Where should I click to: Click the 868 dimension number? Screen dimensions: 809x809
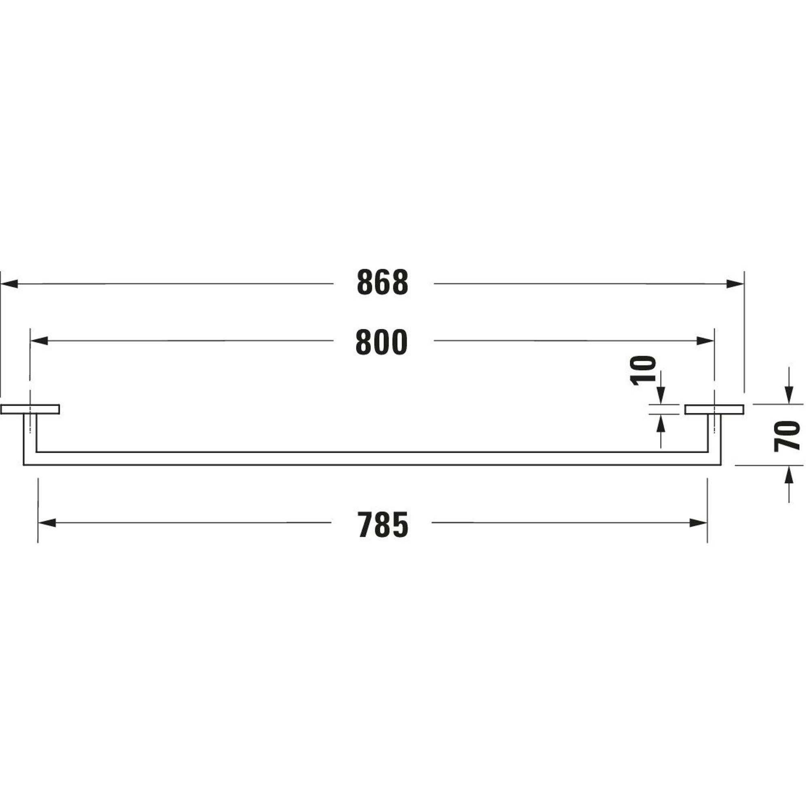(x=383, y=283)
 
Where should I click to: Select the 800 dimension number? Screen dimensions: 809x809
(x=381, y=342)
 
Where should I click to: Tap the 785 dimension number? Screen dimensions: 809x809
(x=383, y=525)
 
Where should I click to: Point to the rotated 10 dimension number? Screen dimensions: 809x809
(x=643, y=371)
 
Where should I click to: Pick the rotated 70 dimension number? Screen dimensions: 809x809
(x=787, y=437)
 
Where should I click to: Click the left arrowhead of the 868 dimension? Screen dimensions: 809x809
(x=9, y=284)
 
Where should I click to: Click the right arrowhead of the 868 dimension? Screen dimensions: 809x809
(x=735, y=284)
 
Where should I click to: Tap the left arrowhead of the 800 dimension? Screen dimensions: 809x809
(x=39, y=341)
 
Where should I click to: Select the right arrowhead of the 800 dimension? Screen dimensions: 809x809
(x=705, y=341)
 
